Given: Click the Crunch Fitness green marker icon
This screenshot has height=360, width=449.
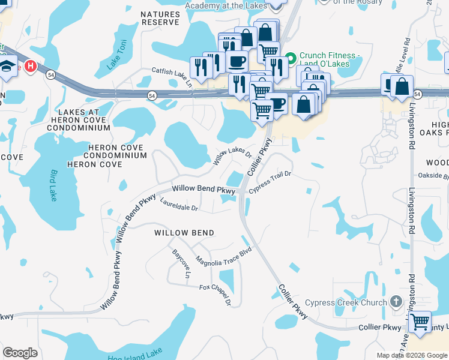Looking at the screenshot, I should coord(291,58).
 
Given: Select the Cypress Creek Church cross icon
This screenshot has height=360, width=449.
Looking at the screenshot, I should coord(396,301).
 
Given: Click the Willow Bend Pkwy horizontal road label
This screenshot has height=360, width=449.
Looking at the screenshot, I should coord(203,189).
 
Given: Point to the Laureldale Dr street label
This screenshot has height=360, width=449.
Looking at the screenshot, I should coord(179,206).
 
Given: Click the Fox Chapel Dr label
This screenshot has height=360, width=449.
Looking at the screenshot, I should coord(215,292).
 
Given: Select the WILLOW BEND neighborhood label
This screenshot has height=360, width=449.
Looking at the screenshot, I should coord(184,232).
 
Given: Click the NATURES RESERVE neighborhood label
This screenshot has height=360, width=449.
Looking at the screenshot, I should coord(160,18).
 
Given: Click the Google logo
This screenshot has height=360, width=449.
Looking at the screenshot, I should coord(20,353).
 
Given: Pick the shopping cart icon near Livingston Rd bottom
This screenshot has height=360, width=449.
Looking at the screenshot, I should coord(420,322).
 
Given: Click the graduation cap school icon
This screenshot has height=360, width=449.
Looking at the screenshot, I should coord(8,64).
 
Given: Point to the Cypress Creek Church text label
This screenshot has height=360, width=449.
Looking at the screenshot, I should coord(346,302).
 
